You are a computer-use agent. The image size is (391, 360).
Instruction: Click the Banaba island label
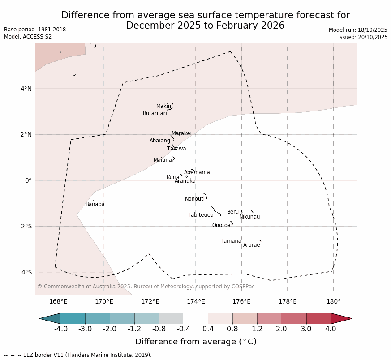95,204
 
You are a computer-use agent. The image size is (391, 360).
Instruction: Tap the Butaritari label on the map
155,113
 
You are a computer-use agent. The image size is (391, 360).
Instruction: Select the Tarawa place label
176,149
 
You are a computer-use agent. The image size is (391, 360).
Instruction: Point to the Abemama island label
197,172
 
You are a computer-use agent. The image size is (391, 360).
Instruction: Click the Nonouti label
195,199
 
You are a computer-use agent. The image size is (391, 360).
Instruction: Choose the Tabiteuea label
201,215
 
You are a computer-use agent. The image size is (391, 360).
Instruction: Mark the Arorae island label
252,245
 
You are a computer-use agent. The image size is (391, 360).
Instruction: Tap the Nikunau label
249,217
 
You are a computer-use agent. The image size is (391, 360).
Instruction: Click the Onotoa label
221,225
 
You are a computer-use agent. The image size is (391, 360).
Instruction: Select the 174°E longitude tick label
196,301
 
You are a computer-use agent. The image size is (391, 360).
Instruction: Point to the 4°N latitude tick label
26,89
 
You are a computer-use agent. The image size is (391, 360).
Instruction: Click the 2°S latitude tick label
26,226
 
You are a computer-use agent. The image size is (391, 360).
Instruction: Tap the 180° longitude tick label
333,301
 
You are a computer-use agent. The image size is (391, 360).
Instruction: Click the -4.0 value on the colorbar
61,329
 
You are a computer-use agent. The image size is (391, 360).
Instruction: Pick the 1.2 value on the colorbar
257,329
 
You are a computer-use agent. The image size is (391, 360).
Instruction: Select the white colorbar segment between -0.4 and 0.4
196,318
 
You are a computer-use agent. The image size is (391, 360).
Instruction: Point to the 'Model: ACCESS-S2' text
28,37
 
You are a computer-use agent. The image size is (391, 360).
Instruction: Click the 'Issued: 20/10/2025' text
363,37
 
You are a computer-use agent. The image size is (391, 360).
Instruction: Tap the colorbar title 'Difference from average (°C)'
196,342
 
